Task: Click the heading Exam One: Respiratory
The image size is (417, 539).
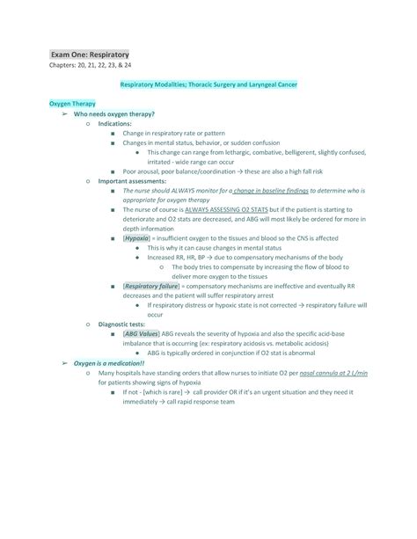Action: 89,55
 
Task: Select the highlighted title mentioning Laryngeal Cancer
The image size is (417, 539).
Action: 208,84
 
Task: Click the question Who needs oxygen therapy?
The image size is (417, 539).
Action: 114,114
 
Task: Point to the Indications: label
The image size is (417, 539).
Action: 120,124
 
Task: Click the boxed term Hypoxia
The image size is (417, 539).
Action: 136,238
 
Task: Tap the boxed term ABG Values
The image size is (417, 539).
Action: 142,334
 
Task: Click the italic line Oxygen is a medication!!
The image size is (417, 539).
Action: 109,362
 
